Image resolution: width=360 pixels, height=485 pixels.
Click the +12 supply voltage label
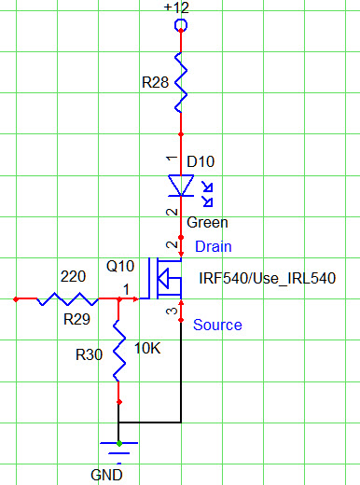point(177,7)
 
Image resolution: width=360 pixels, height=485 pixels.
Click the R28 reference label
point(156,83)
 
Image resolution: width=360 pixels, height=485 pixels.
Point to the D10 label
point(201,161)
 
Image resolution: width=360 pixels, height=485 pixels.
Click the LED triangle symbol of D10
point(180,186)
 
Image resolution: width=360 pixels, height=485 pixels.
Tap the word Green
point(207,223)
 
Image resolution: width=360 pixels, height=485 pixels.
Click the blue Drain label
point(213,246)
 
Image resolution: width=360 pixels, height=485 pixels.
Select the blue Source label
point(216,325)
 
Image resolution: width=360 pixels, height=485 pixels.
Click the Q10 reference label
point(121,266)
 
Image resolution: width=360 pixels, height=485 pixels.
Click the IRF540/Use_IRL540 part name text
point(267,278)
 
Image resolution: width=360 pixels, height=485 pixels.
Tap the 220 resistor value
point(73,277)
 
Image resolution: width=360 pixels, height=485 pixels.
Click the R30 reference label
point(90,354)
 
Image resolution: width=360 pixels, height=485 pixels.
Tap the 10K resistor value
point(148,348)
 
